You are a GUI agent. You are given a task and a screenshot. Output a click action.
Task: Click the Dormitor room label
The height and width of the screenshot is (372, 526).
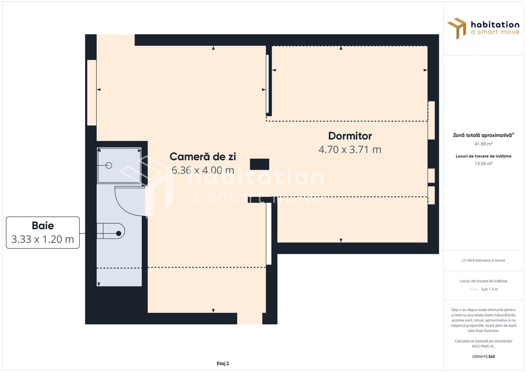[350, 136]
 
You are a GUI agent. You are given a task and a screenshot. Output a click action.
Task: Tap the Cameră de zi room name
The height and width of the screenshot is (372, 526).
[203, 157]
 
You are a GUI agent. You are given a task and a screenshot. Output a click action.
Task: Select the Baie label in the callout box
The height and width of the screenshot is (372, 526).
[43, 226]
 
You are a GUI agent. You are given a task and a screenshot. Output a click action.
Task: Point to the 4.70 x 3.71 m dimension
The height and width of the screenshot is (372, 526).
[350, 149]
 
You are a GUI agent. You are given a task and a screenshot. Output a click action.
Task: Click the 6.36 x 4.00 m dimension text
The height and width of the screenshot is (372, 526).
[203, 170]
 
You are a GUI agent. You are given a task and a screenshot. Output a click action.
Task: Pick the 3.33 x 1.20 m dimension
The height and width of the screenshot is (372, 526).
[43, 239]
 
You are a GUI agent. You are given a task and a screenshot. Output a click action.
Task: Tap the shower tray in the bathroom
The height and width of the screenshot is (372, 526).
[119, 165]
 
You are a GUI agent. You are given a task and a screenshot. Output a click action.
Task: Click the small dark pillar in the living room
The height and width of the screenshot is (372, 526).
[259, 164]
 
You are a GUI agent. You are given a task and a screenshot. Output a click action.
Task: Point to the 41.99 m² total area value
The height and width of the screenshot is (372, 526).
[484, 144]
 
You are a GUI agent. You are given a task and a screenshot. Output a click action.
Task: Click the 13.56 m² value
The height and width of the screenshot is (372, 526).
[484, 164]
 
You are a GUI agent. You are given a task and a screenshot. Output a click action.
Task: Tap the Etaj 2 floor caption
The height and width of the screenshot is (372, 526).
[223, 363]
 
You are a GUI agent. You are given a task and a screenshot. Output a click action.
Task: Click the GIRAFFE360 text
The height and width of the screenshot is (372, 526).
[484, 356]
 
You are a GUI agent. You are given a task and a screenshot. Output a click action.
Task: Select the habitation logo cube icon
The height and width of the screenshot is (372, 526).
[457, 28]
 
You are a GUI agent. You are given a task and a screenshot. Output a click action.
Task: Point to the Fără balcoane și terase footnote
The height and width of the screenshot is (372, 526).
[484, 260]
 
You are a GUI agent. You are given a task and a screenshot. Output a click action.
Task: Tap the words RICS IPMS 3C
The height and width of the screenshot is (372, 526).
[484, 346]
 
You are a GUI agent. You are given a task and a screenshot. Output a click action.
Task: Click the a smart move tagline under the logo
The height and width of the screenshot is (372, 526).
[495, 32]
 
